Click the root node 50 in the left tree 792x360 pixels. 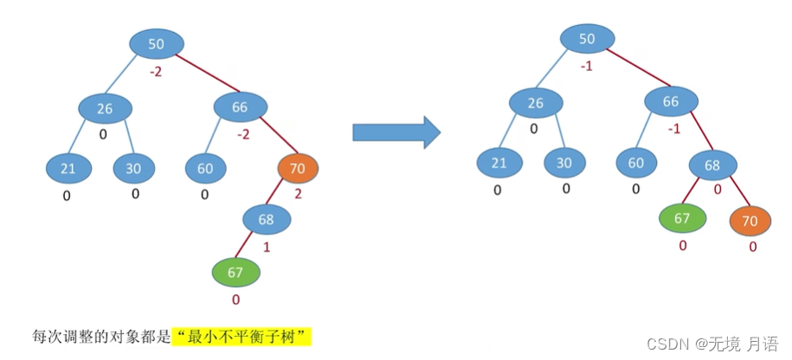157,44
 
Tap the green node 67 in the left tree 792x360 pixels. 236,273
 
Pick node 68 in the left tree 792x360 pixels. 267,219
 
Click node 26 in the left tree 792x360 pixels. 105,109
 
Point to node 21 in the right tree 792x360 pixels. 499,162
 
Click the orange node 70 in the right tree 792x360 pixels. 750,221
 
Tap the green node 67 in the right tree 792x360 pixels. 682,218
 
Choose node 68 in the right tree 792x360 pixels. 712,164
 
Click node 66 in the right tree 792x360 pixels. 671,102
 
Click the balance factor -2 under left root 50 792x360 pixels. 156,72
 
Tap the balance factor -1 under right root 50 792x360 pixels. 586,66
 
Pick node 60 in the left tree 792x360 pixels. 205,169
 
